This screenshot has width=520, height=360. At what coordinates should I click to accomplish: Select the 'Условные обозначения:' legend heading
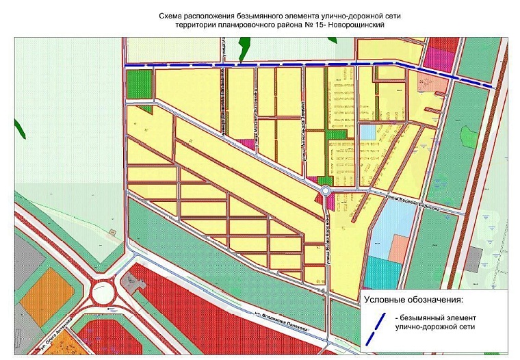tap(413, 300)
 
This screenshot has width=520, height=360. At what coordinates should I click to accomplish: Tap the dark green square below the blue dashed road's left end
tap(139, 79)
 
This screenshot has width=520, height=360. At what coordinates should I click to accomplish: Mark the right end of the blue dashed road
tap(494, 86)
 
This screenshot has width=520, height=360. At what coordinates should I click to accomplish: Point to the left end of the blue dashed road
tap(126, 65)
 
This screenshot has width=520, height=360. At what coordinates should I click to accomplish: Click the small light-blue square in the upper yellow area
tap(368, 131)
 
